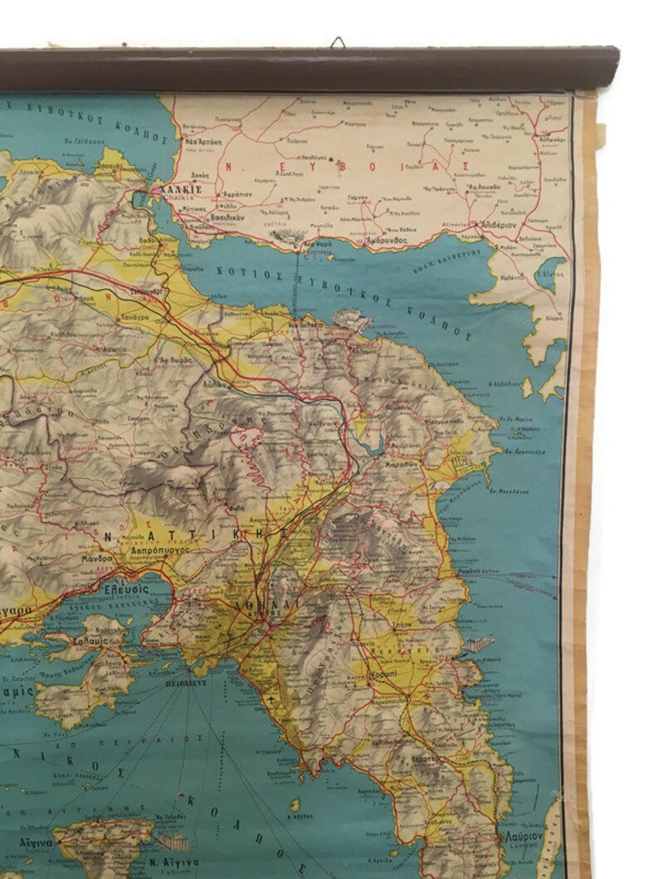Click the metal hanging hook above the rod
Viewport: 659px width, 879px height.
[x=338, y=42]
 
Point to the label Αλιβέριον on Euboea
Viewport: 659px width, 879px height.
[x=497, y=224]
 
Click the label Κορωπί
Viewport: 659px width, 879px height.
[x=384, y=674]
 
